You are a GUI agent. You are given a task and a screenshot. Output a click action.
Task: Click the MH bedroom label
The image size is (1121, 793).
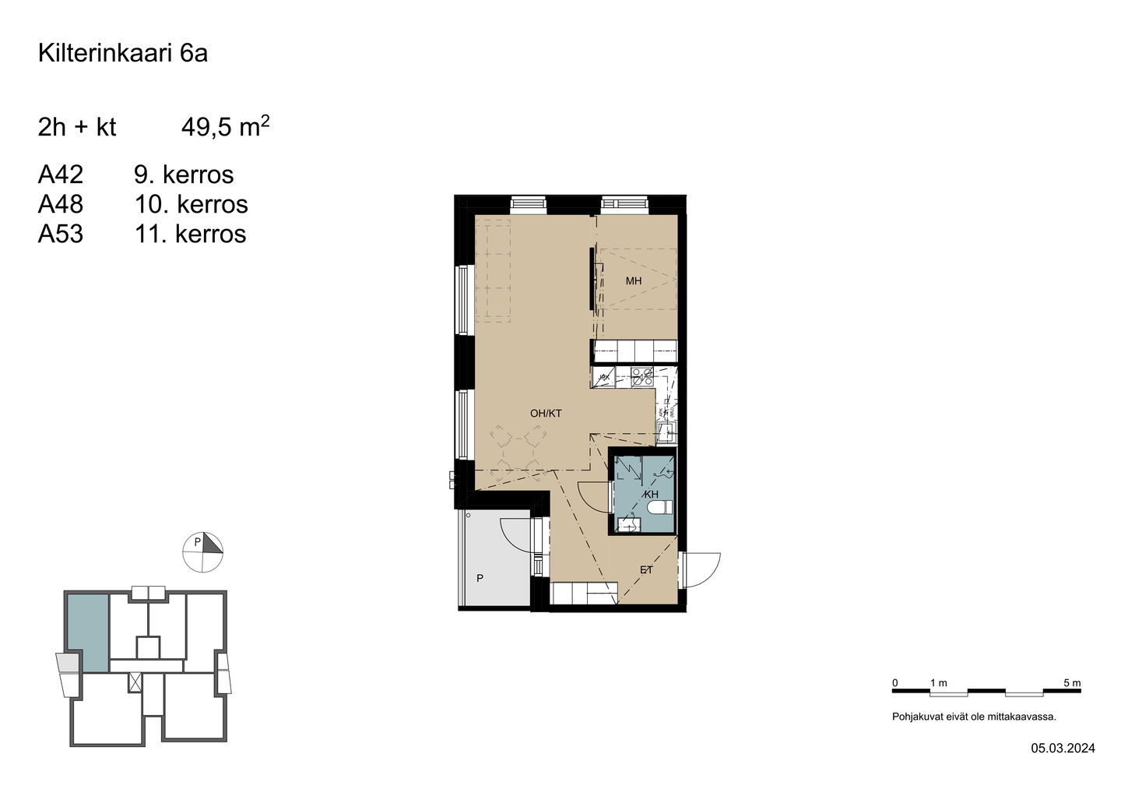point(633,281)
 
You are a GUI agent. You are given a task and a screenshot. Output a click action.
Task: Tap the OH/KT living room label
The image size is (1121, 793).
point(546,413)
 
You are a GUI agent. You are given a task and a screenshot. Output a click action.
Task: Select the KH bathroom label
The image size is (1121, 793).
point(652,494)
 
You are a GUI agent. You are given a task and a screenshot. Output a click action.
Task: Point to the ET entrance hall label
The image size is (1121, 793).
point(646,569)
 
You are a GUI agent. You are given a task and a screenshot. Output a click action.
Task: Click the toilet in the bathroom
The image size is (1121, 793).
point(659,508)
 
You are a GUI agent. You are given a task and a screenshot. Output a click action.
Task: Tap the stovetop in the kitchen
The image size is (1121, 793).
point(642,376)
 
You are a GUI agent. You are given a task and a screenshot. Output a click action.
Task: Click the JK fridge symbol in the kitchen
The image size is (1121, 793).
point(603,377)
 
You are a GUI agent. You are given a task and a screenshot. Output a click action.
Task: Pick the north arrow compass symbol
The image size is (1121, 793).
point(202,552)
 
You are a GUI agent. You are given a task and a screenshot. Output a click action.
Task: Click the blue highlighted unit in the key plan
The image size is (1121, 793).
point(88,633)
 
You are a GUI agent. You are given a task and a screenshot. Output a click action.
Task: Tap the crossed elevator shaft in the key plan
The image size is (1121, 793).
point(135,683)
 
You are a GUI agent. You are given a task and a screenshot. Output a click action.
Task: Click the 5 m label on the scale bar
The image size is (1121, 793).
point(1072,683)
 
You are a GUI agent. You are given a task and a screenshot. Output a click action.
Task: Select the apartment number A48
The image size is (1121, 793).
point(61,204)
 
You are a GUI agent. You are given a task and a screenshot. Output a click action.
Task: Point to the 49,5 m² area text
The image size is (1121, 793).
point(225,126)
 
